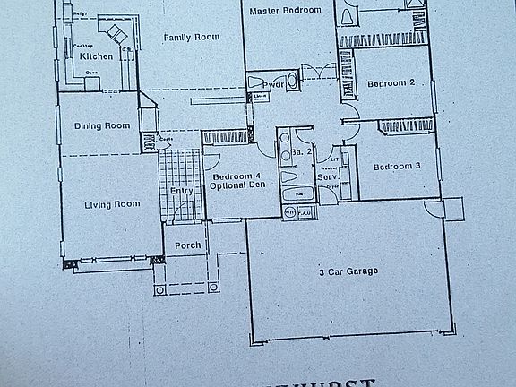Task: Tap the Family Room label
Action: pos(191,37)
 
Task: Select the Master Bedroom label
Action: pos(285,10)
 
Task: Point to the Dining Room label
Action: pos(100,125)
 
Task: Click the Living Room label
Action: pos(112,204)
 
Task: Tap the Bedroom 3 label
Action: pos(397,167)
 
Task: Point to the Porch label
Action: pos(187,244)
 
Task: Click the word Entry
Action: pos(181,190)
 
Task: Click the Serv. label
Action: pos(326,176)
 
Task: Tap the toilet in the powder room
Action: pos(254,82)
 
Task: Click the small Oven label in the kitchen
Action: pos(90,72)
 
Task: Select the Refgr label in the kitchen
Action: pos(79,15)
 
